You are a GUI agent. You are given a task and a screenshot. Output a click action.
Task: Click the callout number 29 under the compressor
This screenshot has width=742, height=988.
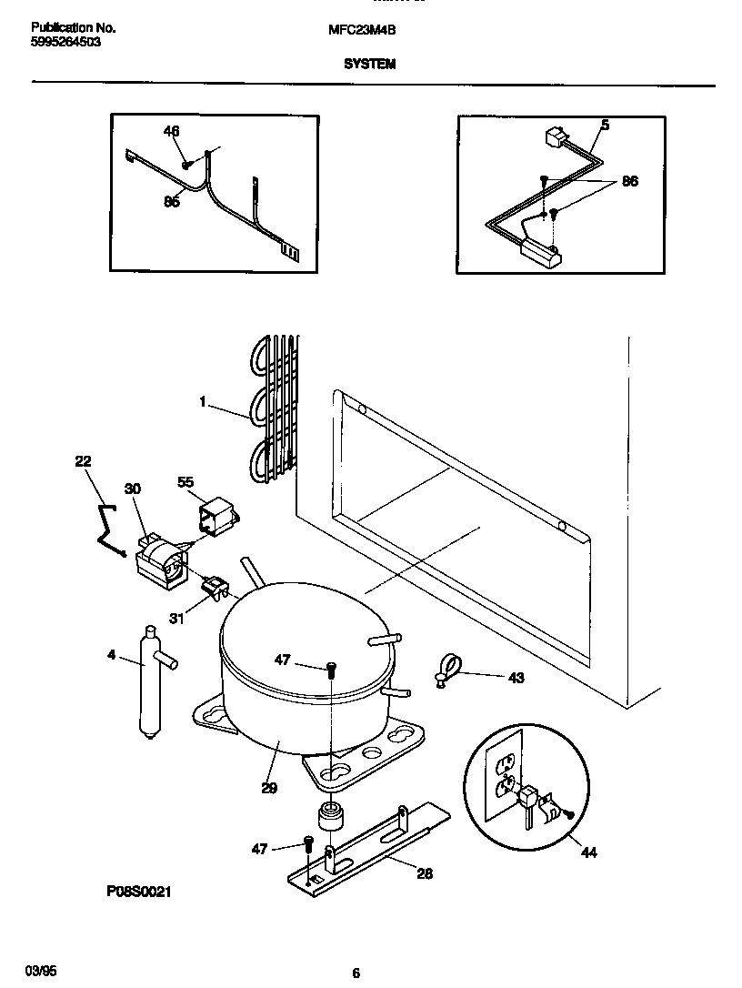click(268, 788)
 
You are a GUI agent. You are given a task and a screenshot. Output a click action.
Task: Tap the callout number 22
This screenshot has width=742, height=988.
click(83, 462)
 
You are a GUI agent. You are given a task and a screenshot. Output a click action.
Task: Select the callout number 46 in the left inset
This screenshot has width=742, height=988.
click(171, 132)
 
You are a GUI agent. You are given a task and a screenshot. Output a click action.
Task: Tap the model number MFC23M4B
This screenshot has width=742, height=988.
click(361, 29)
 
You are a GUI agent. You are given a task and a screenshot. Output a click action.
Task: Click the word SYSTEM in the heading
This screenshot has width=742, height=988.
click(369, 65)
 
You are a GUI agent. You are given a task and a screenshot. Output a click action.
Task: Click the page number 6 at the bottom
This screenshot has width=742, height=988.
click(356, 973)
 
